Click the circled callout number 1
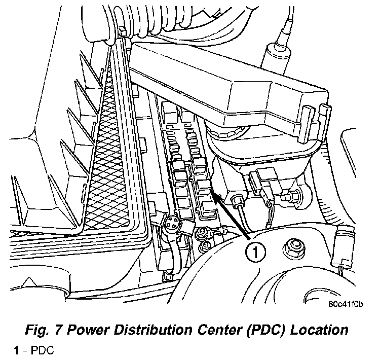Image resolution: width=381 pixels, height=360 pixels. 255,252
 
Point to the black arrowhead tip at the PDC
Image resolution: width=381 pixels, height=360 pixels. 212,191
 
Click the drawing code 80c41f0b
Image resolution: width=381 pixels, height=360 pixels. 346,304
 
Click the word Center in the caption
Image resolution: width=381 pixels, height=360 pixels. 220,330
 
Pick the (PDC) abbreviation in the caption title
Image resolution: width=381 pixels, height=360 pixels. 266,330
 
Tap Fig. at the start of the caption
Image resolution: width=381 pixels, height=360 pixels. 36,331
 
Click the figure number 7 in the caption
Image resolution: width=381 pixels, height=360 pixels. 57,330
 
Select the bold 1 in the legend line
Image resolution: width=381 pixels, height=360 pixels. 17,350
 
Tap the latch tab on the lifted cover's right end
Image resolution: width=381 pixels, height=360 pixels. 326,122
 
